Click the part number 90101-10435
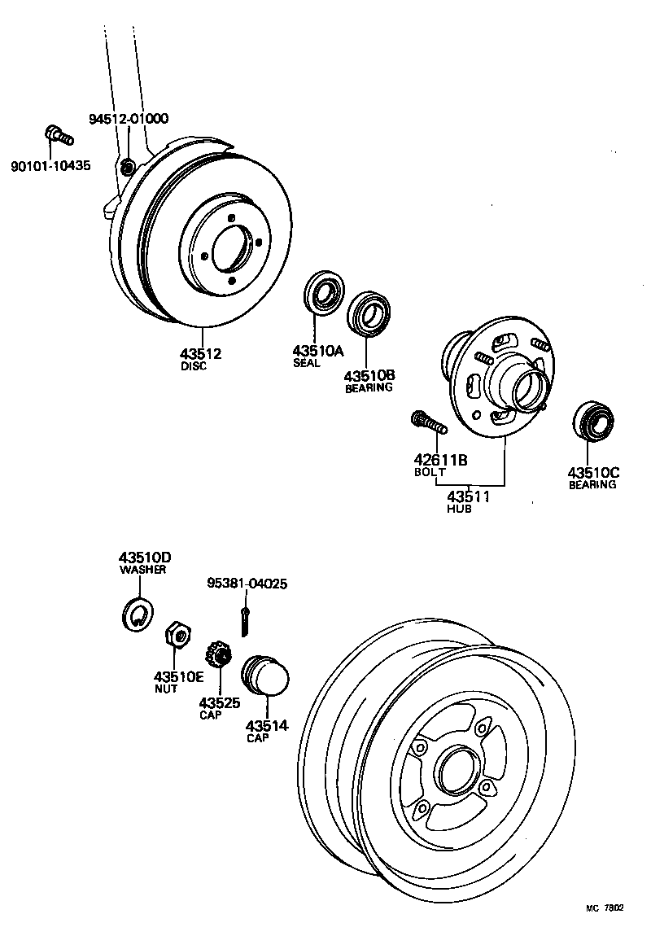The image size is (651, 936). click(50, 166)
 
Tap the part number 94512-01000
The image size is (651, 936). click(128, 119)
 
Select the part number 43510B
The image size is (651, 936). click(369, 375)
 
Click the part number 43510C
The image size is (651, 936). click(593, 472)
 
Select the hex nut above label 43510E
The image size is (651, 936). click(177, 634)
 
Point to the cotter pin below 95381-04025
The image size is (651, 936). click(245, 619)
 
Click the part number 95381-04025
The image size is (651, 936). click(247, 584)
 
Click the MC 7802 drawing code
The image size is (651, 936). click(606, 908)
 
